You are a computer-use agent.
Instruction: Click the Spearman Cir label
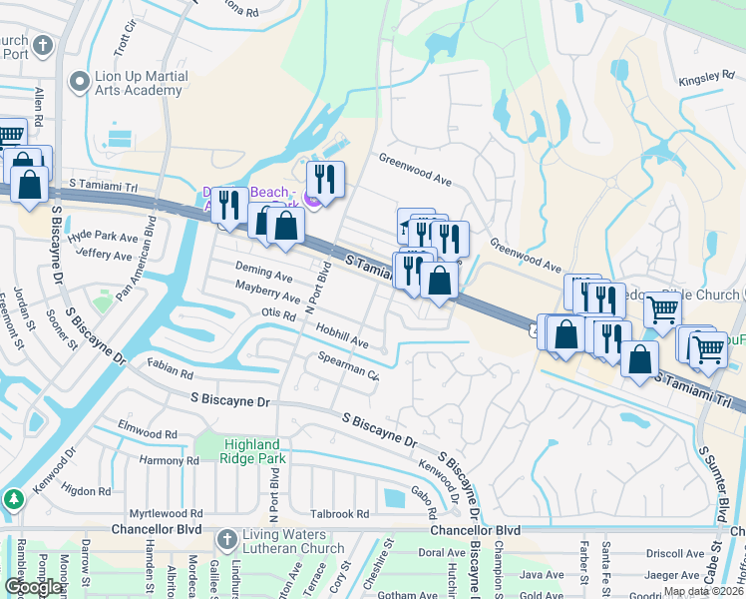[348, 368]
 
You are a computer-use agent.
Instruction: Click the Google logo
[34, 587]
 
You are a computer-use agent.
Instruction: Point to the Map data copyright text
[704, 591]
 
